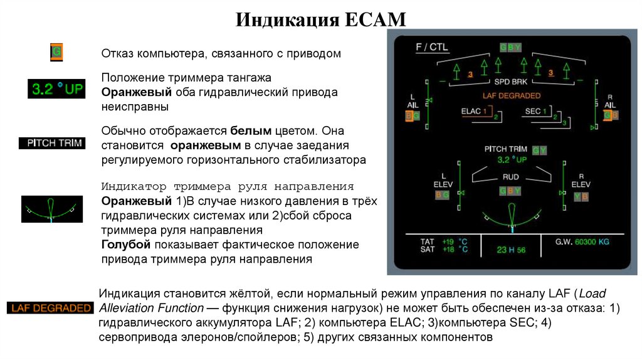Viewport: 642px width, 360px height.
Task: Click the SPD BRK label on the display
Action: pos(510,83)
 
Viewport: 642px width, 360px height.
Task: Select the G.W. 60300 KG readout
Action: pos(582,241)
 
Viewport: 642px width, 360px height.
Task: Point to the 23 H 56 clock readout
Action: pos(511,250)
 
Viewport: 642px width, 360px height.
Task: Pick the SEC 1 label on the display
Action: pos(535,111)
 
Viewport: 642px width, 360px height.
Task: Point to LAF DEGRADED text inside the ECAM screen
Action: pos(511,95)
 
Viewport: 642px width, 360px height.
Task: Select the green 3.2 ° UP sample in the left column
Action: pos(56,88)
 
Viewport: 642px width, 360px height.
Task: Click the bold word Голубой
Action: pos(124,244)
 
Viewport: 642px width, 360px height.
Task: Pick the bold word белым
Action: pos(251,130)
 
